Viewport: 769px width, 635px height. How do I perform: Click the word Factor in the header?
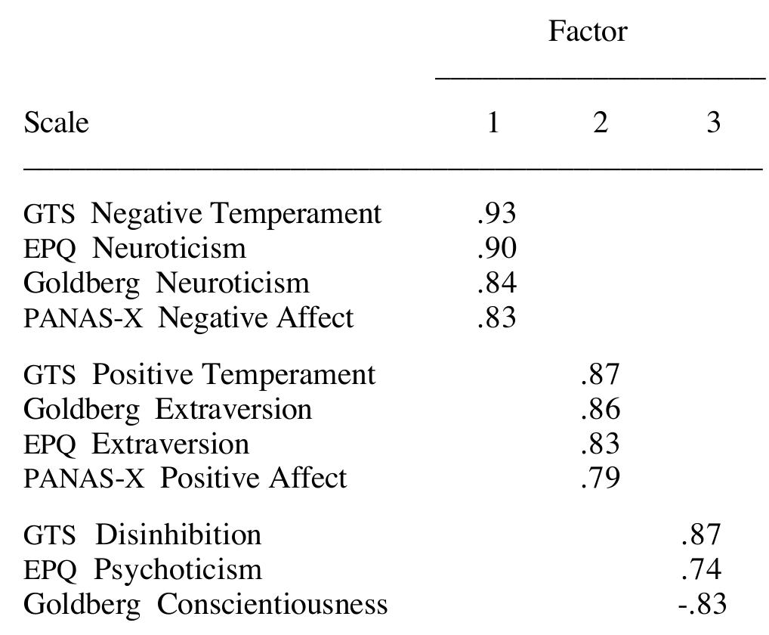(x=587, y=32)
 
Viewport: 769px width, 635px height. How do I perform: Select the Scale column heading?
(x=56, y=122)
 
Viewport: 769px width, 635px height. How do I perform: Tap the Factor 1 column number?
(x=493, y=122)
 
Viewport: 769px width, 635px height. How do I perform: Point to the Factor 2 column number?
(x=600, y=122)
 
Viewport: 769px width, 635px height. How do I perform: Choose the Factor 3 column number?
(x=713, y=122)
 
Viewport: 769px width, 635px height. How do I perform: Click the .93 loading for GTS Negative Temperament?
(x=496, y=214)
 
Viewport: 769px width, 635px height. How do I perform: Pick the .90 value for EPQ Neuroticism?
(x=496, y=248)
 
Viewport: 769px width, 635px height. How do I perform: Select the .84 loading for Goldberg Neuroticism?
(x=496, y=283)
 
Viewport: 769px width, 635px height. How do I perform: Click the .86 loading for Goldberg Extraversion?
(x=601, y=409)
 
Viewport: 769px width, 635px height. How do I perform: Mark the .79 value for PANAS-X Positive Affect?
(x=601, y=479)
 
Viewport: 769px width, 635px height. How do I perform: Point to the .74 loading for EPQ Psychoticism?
(x=701, y=569)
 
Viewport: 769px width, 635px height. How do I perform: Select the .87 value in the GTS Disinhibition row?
(x=701, y=534)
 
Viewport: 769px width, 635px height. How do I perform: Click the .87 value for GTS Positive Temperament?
(x=601, y=374)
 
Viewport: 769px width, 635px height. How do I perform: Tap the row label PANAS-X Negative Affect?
(x=188, y=317)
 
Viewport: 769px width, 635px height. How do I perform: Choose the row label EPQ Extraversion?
(x=136, y=444)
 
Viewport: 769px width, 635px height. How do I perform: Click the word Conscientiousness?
(x=272, y=604)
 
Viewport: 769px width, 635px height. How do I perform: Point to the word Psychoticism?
(x=178, y=569)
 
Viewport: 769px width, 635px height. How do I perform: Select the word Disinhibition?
(x=178, y=534)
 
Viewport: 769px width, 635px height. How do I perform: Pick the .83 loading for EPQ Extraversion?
(x=601, y=444)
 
